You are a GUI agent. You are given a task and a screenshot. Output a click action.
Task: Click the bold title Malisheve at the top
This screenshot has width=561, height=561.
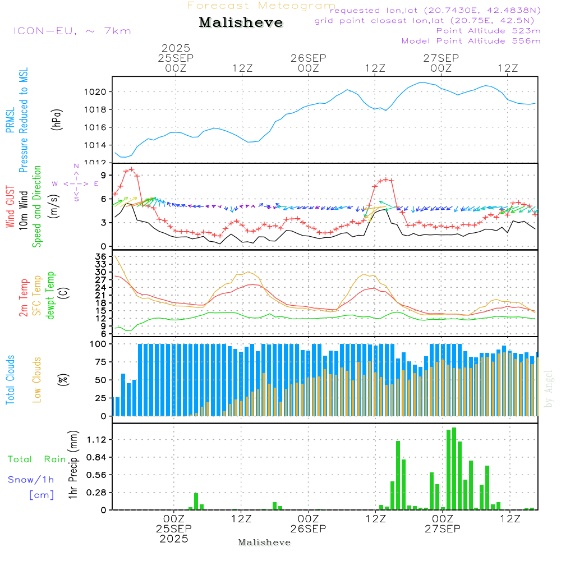tap(241, 23)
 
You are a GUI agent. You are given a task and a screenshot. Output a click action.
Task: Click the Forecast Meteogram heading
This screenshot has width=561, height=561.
tap(261, 6)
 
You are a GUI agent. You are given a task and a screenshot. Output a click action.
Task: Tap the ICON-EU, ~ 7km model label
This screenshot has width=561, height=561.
tap(72, 31)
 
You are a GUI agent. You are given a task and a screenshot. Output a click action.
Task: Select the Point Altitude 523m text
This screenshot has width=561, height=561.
tap(488, 31)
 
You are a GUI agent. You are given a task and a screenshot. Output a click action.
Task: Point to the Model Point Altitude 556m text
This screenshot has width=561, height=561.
tap(471, 41)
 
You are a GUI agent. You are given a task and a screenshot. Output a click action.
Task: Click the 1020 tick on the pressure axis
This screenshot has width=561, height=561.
tap(98, 91)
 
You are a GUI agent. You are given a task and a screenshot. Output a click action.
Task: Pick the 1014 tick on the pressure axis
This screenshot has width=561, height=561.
tap(98, 145)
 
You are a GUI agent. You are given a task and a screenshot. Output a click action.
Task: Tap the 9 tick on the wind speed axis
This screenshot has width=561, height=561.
tap(103, 174)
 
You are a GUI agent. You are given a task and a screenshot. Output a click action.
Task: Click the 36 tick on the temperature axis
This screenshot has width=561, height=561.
tap(101, 256)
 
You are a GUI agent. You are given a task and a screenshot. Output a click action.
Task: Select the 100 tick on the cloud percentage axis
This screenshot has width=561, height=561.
tap(99, 344)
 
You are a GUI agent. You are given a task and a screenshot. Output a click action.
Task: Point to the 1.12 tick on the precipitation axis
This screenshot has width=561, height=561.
tap(97, 439)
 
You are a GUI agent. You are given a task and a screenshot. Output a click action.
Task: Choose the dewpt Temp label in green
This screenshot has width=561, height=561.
tap(51, 296)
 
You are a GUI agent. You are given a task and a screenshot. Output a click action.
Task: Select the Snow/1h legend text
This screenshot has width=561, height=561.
tap(31, 480)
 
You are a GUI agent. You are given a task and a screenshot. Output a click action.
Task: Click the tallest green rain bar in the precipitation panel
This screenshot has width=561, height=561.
tap(454, 468)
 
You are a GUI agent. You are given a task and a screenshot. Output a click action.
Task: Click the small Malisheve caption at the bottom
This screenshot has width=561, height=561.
tap(264, 542)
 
